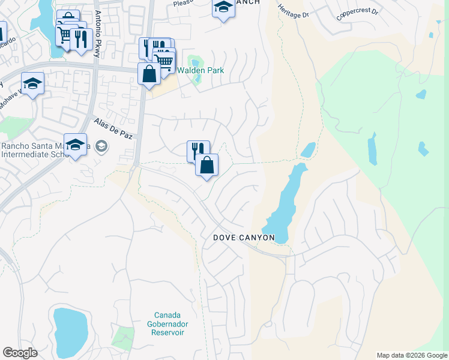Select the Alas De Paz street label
(x=112, y=128)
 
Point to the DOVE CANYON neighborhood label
(x=244, y=238)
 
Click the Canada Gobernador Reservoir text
(x=167, y=324)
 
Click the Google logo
(x=20, y=353)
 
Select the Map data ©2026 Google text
(x=412, y=355)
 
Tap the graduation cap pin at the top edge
(x=223, y=8)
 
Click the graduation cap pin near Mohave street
(x=32, y=84)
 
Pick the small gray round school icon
(x=101, y=146)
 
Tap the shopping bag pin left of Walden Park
(x=149, y=74)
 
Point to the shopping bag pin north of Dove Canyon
(x=206, y=165)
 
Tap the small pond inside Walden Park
(x=194, y=62)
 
